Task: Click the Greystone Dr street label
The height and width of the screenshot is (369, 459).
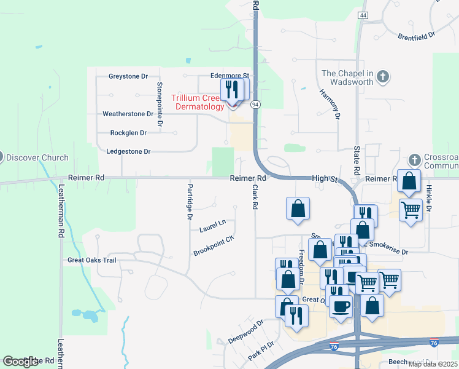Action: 128,76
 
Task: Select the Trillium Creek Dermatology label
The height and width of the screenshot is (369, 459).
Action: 198,102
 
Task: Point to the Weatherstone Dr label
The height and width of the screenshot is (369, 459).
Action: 128,114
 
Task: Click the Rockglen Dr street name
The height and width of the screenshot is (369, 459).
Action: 128,132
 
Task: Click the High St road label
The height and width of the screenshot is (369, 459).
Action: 325,178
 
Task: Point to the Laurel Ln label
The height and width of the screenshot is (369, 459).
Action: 212,226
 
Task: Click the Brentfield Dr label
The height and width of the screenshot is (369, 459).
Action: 416,35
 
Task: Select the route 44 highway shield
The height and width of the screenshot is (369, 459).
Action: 363,15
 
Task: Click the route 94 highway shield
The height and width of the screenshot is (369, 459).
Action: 255,104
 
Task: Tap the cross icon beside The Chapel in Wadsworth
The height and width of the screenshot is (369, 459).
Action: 384,77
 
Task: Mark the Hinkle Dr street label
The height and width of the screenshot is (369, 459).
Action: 429,197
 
